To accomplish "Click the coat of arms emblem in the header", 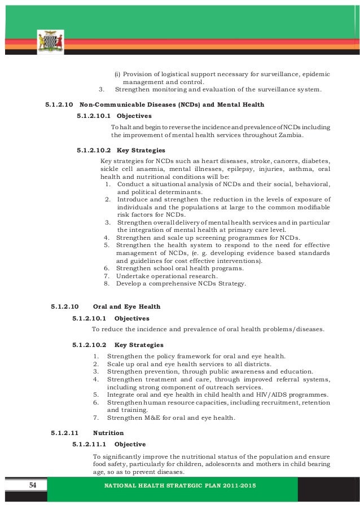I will pyautogui.click(x=50, y=43).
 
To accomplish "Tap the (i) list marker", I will pyautogui.click(x=117, y=74).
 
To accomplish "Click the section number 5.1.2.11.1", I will pyautogui.click(x=90, y=445).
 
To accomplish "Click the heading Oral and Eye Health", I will pyautogui.click(x=126, y=306).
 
